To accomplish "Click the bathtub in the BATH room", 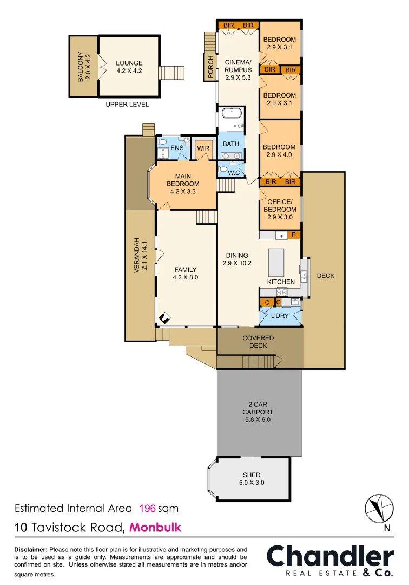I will point(230,114).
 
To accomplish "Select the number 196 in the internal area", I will point(148,509).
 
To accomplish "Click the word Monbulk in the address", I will point(155,527).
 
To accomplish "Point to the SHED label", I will point(252,475).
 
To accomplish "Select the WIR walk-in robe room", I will point(203,148).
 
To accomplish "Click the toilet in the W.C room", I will point(223,169).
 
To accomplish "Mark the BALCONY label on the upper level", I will point(81,67).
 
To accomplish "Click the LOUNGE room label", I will point(129,67).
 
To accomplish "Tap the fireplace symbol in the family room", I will point(165,318).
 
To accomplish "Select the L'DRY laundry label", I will point(280,315).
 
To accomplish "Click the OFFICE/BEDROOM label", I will point(280,210).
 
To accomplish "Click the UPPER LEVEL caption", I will point(127,104).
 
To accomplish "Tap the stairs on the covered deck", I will point(260,361).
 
